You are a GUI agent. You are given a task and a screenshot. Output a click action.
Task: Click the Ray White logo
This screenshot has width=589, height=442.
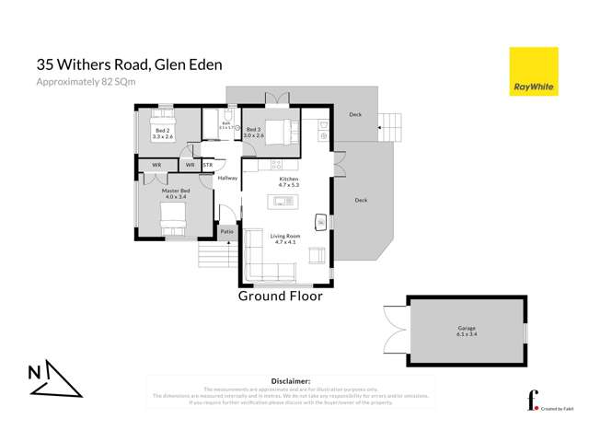[x=533, y=72]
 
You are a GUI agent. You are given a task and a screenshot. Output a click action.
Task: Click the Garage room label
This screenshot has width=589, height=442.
[x=467, y=331]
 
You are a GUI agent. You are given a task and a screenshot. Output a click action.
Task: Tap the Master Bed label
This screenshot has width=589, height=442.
[x=175, y=193]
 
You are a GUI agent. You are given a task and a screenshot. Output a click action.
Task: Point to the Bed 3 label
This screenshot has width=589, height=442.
[x=254, y=132]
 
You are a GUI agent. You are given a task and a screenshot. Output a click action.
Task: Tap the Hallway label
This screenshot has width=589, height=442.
[x=227, y=179]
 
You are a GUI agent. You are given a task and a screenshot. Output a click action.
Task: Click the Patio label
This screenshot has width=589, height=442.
[x=226, y=232]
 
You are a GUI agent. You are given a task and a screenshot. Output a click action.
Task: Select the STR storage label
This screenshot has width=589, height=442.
[x=208, y=165]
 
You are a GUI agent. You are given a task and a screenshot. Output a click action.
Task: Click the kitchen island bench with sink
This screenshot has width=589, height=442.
[x=282, y=202]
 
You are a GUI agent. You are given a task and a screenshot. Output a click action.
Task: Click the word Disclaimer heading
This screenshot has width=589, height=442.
[x=291, y=380]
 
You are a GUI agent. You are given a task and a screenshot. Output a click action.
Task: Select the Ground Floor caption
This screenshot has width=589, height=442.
[x=280, y=297]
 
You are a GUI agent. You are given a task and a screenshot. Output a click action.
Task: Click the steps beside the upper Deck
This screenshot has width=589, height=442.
[x=390, y=123]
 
